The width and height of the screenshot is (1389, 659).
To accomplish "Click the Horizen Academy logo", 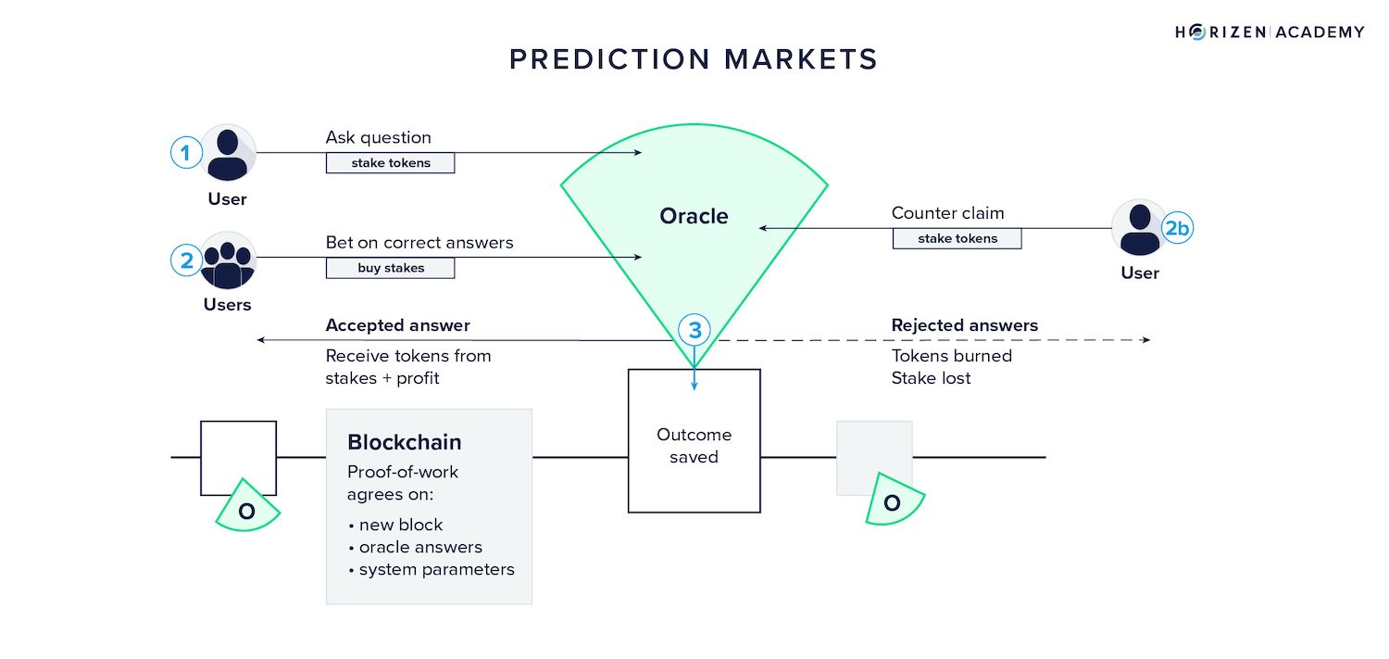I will (x=1270, y=32).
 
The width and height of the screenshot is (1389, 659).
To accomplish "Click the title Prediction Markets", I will (x=694, y=59).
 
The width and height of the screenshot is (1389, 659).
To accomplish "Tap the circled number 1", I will (x=185, y=153).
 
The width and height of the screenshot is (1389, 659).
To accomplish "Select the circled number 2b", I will (x=1177, y=228).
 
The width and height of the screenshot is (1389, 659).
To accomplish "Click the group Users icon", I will (x=227, y=260).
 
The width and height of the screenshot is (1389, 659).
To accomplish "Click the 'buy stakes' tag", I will (x=390, y=269).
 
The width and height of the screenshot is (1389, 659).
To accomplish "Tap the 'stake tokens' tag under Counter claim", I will (x=957, y=238).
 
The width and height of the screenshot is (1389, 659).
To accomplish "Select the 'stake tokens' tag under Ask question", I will (x=390, y=163).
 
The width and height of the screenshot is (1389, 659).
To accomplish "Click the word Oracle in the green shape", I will (x=694, y=216).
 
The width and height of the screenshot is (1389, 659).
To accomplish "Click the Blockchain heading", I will (x=404, y=442).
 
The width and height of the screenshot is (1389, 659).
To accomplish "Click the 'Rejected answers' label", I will (x=964, y=325).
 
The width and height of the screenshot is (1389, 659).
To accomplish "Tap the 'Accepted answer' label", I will (x=397, y=325).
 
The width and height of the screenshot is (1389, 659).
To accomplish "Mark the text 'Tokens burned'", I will (x=951, y=356).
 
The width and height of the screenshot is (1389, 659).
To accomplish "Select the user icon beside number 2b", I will (x=1139, y=228).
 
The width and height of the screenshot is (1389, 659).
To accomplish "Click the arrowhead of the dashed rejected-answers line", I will (x=1146, y=340).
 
